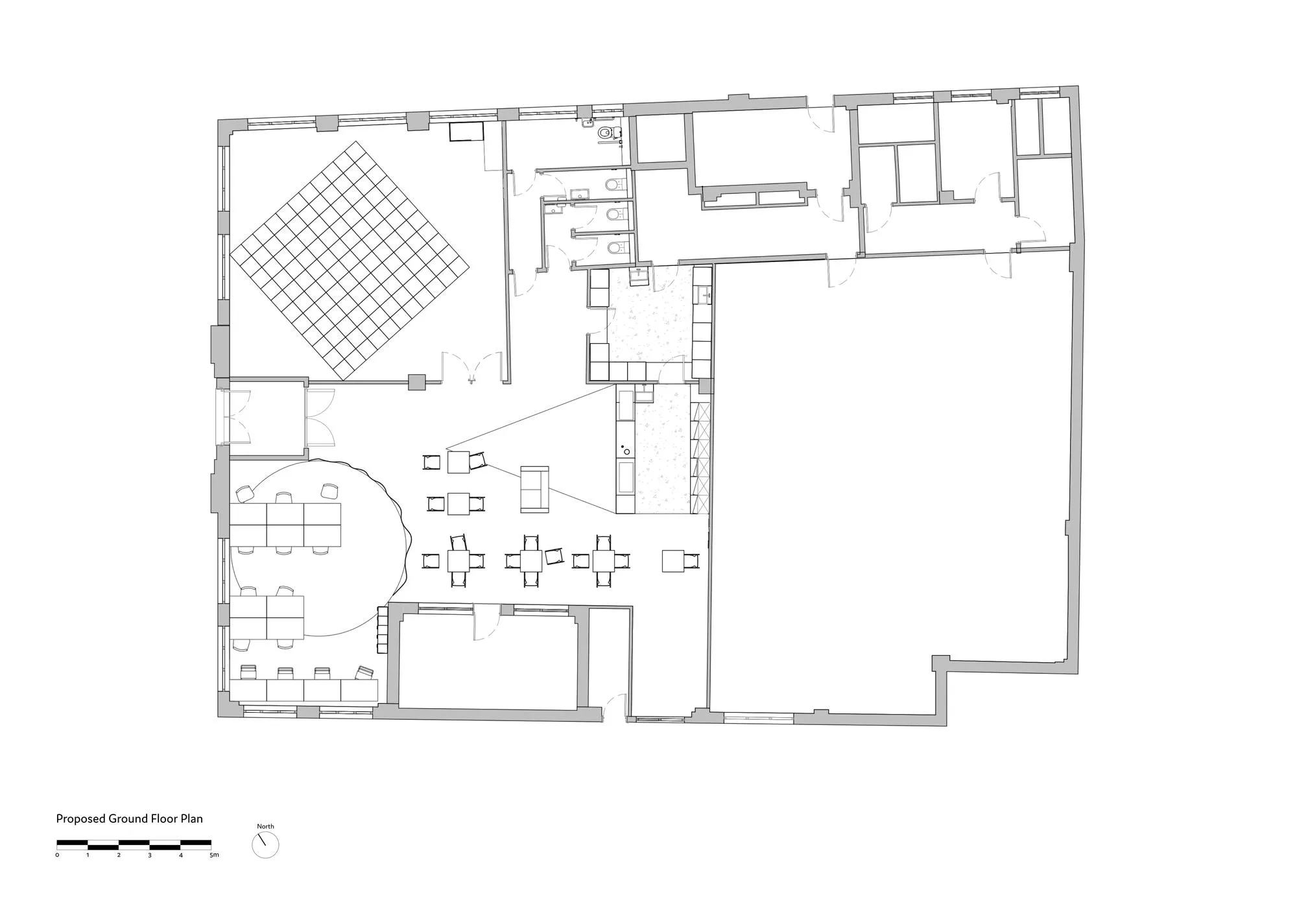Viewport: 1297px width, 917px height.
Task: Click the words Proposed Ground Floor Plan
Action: (129, 818)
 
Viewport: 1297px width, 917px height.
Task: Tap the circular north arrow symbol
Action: (265, 844)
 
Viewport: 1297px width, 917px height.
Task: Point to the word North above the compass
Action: (265, 826)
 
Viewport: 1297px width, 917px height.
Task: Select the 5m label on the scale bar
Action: (214, 855)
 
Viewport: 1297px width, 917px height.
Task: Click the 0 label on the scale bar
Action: (57, 855)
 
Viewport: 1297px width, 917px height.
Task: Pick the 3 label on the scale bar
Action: (150, 855)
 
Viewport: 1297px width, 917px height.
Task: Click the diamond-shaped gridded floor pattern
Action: (350, 260)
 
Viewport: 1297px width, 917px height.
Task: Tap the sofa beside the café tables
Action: (535, 490)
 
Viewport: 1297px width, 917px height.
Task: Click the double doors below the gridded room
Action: (472, 368)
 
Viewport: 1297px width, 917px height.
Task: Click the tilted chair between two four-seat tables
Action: (554, 556)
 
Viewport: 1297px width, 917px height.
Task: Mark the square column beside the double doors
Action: (416, 382)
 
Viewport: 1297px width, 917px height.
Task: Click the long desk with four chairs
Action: (303, 690)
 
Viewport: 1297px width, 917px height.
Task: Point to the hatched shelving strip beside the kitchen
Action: (700, 458)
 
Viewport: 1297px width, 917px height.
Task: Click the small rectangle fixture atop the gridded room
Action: (467, 132)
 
